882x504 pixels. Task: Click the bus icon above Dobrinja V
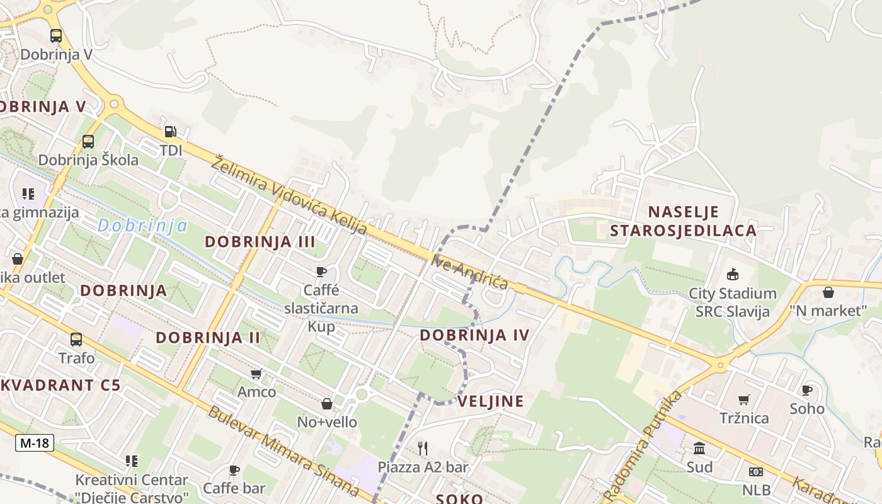(x=56, y=36)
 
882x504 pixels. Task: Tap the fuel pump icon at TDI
(x=170, y=132)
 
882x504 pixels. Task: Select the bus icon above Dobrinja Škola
(x=88, y=142)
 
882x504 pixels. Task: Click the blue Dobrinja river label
(x=142, y=226)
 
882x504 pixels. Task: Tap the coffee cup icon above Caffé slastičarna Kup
(x=321, y=272)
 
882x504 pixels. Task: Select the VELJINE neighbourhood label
(x=491, y=401)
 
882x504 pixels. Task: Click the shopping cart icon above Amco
(x=256, y=374)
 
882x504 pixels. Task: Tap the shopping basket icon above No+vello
(x=327, y=404)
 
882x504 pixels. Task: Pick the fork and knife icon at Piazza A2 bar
(x=423, y=449)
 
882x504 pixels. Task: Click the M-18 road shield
(x=34, y=444)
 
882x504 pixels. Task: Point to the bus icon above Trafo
(x=76, y=340)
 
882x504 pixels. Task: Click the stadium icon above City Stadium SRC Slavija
(x=732, y=275)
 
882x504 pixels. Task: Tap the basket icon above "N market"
(x=828, y=292)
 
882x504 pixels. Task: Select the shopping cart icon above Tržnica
(x=744, y=399)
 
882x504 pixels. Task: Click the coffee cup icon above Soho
(x=807, y=391)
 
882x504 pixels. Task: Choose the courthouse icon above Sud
(x=699, y=449)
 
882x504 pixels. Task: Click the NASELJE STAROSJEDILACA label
(x=683, y=221)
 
